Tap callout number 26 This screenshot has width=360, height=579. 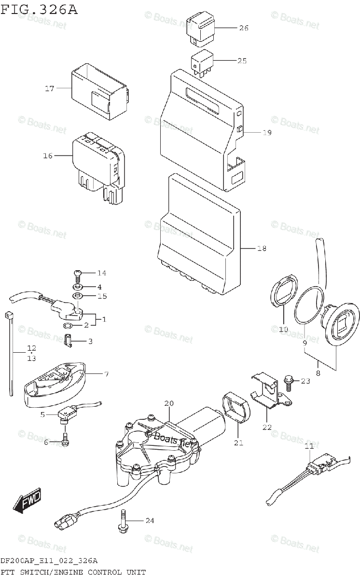click(243, 28)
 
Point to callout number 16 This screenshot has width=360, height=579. click(47, 156)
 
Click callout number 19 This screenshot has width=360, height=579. click(267, 133)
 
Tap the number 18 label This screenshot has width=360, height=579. click(261, 248)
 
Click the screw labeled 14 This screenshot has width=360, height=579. click(77, 275)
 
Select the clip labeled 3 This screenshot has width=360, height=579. click(69, 342)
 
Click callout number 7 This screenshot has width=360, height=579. click(106, 374)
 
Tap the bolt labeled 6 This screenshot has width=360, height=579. click(65, 440)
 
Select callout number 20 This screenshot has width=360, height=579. click(168, 403)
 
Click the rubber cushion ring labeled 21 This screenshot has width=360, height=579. click(237, 408)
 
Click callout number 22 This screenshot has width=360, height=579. click(267, 427)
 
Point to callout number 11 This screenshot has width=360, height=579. click(309, 447)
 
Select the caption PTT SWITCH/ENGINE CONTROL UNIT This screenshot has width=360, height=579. click(72, 572)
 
